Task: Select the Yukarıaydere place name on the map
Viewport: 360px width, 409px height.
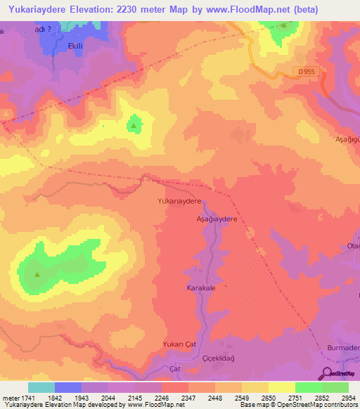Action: pyautogui.click(x=179, y=201)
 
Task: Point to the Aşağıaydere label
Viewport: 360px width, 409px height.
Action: pyautogui.click(x=215, y=219)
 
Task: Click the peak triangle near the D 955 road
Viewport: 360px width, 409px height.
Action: pyautogui.click(x=283, y=25)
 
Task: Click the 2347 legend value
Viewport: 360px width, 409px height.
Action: pyautogui.click(x=188, y=398)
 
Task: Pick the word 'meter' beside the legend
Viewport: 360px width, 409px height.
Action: pyautogui.click(x=9, y=398)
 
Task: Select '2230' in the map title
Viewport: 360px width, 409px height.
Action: pyautogui.click(x=149, y=10)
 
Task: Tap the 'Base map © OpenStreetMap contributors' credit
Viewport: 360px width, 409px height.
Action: pyautogui.click(x=298, y=405)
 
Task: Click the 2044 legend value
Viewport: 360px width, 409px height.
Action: pyautogui.click(x=108, y=398)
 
